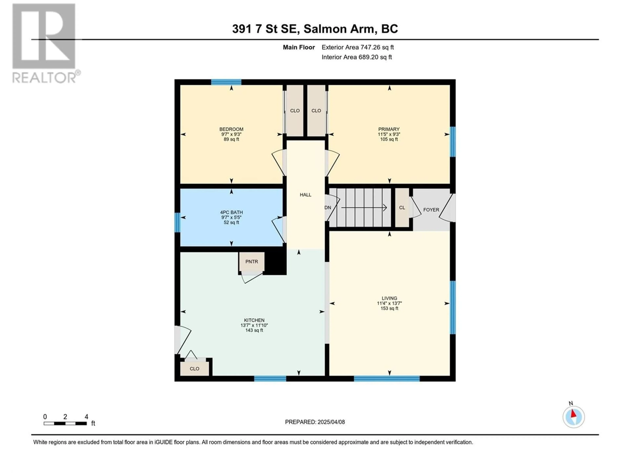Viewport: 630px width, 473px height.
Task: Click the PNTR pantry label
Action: (x=252, y=261)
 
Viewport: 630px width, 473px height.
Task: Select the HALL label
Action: (x=305, y=195)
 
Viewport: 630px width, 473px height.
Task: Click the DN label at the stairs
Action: (x=328, y=208)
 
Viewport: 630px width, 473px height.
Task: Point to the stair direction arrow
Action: (x=364, y=208)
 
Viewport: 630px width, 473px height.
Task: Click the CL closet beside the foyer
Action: (x=402, y=208)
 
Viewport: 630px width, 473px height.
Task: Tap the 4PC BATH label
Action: (x=231, y=212)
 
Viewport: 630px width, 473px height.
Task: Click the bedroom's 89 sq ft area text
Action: (x=231, y=139)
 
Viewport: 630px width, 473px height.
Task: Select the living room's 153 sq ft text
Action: (x=389, y=308)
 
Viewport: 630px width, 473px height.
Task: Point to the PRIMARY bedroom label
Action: (x=389, y=129)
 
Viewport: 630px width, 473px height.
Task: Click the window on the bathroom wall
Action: (x=177, y=222)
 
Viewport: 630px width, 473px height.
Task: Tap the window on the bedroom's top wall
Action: (x=226, y=82)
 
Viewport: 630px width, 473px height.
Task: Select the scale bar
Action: (x=65, y=423)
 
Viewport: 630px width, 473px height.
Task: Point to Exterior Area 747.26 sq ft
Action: (x=358, y=47)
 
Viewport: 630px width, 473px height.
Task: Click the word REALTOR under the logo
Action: (x=44, y=77)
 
